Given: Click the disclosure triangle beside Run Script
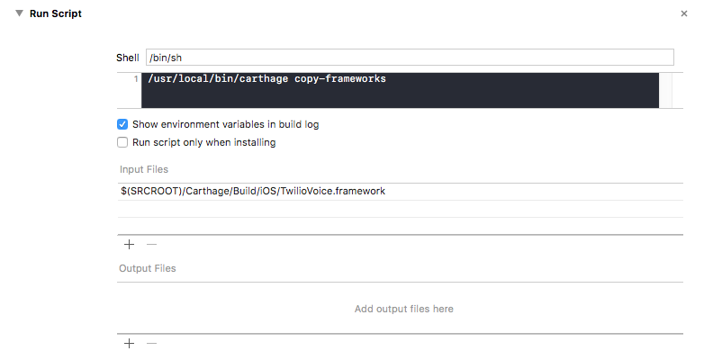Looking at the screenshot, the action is (x=19, y=13).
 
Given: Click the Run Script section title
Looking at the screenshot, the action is (x=56, y=13).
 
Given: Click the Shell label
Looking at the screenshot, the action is (x=128, y=58).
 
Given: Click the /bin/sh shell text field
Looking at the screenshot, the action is (x=410, y=58).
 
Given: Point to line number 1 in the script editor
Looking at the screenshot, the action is (x=136, y=79).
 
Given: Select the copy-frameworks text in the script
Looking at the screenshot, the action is (x=340, y=79).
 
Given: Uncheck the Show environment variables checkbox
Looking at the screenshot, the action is (x=122, y=124).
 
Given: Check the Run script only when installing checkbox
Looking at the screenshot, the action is (x=122, y=142).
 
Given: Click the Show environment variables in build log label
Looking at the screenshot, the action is (x=225, y=124).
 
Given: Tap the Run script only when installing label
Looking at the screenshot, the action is (x=203, y=142).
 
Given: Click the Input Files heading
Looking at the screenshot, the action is (x=144, y=169).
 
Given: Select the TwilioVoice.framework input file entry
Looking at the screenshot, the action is (x=253, y=191).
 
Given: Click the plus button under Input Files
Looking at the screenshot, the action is (x=129, y=244).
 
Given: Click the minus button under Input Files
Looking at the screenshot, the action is (x=151, y=244).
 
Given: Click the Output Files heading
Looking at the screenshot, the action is (x=148, y=268).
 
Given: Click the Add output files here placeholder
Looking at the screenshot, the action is (x=403, y=309).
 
